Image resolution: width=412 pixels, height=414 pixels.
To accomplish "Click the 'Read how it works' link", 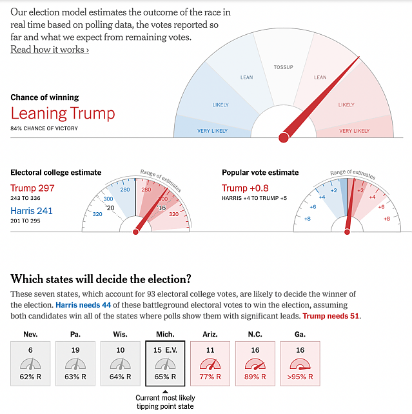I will pos(50,50).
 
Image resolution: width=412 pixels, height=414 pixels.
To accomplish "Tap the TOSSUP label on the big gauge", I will pos(283,67).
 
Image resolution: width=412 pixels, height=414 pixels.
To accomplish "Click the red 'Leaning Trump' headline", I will pos(63,114).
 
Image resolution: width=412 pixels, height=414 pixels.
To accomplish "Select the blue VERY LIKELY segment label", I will pos(212,131).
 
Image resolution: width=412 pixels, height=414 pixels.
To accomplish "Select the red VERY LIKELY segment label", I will pos(354,131).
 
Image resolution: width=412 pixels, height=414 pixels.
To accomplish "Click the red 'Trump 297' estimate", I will pos(32,188).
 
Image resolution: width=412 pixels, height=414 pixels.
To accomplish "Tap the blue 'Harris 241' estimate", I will pos(32,211).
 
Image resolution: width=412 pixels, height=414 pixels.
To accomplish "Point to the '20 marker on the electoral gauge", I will pos(110,208).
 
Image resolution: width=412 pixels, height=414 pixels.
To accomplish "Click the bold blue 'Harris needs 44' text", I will pos(82,304).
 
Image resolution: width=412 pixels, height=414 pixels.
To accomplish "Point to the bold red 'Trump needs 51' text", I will pos(331,316).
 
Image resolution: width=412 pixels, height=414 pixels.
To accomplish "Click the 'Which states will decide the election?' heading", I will pos(101,279).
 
